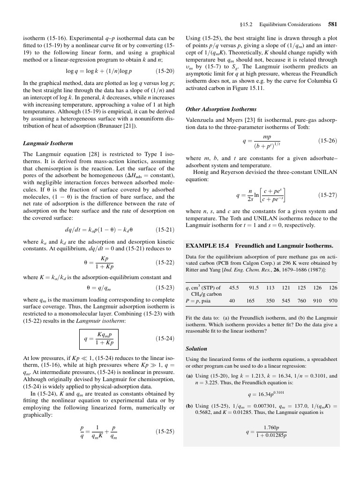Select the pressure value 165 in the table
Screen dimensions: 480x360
[250, 300]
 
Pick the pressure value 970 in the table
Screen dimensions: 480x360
[333, 300]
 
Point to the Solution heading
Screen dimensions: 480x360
[196, 349]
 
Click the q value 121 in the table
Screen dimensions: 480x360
[285, 287]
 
